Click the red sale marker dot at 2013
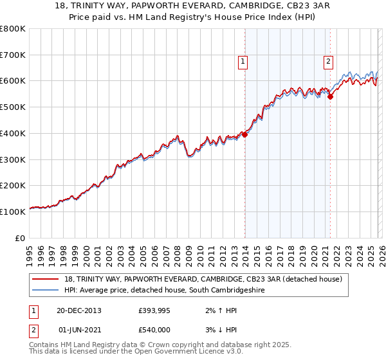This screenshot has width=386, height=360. pyautogui.click(x=245, y=135)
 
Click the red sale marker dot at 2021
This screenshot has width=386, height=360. pyautogui.click(x=330, y=96)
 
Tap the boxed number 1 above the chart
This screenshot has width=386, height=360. pyautogui.click(x=243, y=62)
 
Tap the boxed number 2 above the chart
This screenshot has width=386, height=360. pyautogui.click(x=328, y=62)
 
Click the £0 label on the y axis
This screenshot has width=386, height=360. pyautogui.click(x=19, y=238)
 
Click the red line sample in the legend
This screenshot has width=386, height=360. pyautogui.click(x=46, y=279)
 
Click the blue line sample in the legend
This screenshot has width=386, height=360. pyautogui.click(x=46, y=291)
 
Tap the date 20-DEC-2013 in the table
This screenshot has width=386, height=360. pyautogui.click(x=79, y=310)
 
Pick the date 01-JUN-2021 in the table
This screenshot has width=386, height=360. pyautogui.click(x=80, y=330)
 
